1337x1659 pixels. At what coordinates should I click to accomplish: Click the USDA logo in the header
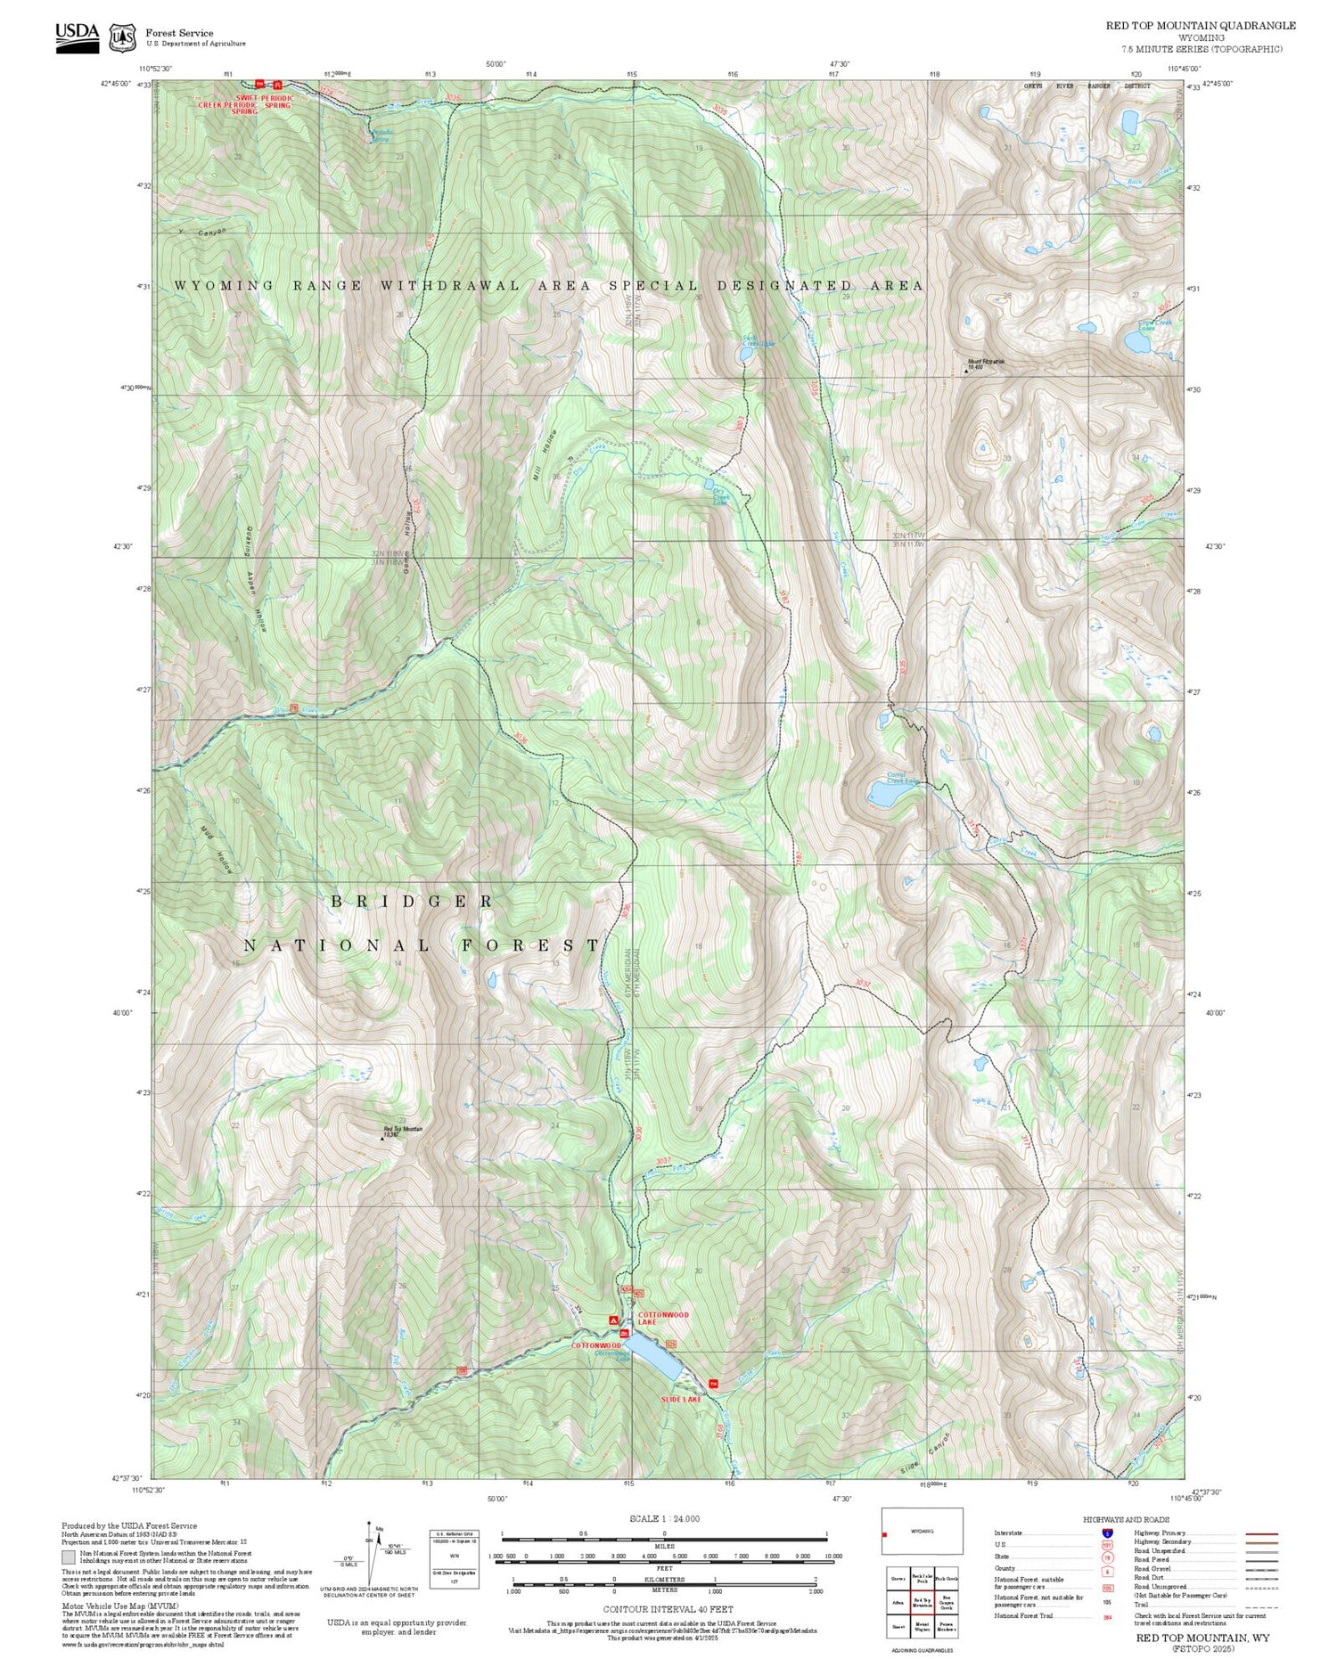coord(77,36)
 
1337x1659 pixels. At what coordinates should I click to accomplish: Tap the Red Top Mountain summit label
coord(402,1130)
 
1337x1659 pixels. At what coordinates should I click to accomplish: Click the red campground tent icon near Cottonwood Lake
coord(612,1319)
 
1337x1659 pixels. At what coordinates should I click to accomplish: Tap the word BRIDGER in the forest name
coord(412,902)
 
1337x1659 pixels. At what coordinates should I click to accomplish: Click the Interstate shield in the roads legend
coord(1108,1532)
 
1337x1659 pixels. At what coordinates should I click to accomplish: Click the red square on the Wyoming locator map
coord(885,1534)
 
